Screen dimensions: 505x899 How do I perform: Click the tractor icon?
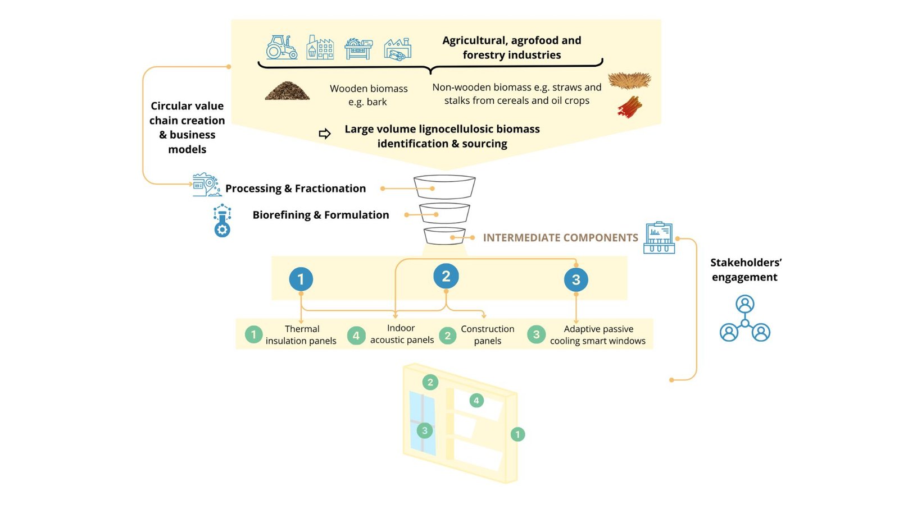click(x=281, y=48)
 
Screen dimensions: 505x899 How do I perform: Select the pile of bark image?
click(x=287, y=91)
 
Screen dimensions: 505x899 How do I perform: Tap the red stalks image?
click(x=630, y=107)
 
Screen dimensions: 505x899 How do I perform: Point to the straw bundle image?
click(x=629, y=80)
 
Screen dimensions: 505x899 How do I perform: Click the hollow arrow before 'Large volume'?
click(x=325, y=134)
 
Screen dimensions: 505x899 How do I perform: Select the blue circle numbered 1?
click(x=301, y=279)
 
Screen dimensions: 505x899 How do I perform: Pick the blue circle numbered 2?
click(x=446, y=276)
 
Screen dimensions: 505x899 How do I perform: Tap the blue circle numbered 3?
click(x=576, y=279)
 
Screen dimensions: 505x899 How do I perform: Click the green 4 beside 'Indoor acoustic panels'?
click(x=356, y=336)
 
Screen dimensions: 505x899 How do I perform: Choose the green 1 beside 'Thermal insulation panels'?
click(x=253, y=335)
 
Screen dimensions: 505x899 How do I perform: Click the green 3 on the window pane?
click(x=425, y=430)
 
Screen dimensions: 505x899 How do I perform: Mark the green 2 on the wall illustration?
click(x=430, y=382)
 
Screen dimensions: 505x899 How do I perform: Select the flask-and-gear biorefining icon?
click(x=223, y=221)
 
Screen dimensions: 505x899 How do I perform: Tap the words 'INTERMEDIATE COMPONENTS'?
click(x=560, y=238)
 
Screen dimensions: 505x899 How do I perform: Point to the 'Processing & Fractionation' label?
click(x=296, y=189)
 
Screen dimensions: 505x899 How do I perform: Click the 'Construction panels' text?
click(x=487, y=335)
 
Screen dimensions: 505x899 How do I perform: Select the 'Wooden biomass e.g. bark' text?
click(x=369, y=95)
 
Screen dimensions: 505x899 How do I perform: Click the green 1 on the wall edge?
click(x=517, y=434)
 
